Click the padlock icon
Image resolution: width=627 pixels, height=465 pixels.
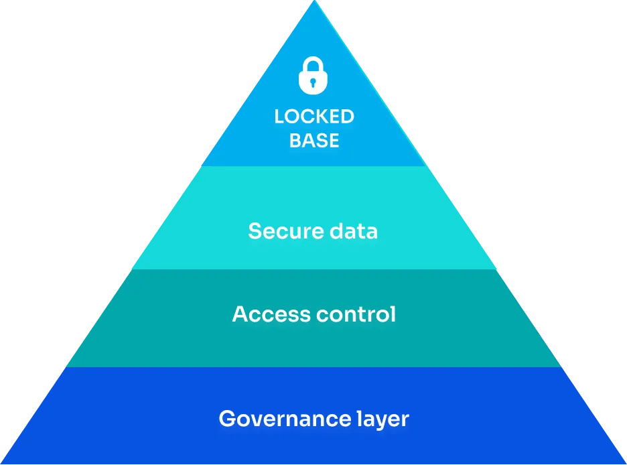[313, 76]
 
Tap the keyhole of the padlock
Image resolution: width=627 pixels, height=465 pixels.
[313, 83]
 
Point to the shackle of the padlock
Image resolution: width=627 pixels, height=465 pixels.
[313, 64]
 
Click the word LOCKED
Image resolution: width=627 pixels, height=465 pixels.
[314, 117]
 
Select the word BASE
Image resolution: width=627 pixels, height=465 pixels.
[314, 141]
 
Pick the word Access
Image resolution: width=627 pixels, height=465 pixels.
[271, 314]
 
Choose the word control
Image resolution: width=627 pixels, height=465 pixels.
[356, 314]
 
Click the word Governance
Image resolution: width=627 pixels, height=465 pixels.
[285, 419]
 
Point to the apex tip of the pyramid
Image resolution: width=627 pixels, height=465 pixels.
[315, 1]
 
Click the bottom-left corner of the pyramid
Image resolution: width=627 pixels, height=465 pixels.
[1, 464]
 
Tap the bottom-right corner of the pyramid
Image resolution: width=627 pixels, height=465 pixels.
[626, 464]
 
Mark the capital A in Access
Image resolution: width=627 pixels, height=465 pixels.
[240, 314]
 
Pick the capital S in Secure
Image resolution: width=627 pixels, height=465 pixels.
[255, 231]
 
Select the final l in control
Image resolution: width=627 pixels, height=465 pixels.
[393, 314]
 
